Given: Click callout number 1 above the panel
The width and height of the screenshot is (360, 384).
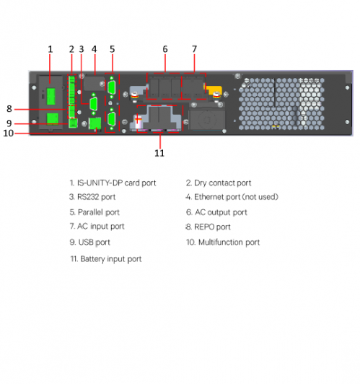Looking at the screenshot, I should coord(51,49).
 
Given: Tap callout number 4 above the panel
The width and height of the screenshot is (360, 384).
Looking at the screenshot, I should coord(94,49).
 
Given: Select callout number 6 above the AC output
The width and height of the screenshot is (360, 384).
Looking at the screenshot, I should coord(165,49).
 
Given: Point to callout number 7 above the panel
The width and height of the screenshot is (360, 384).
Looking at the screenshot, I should coord(194,49).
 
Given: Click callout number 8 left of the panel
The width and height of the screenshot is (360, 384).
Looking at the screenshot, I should coord(9,109).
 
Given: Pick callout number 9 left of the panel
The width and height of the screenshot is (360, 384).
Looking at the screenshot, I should coord(9,123).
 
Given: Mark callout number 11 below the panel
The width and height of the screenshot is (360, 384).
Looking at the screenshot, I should coord(159,153).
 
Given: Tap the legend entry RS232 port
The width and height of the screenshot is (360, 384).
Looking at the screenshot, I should coord(97,197).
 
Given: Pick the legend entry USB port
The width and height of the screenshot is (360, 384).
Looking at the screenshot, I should coord(94,243).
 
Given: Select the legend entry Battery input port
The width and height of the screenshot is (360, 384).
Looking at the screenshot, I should coord(110,258).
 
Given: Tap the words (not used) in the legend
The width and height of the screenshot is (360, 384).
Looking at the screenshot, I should coord(260,197).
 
